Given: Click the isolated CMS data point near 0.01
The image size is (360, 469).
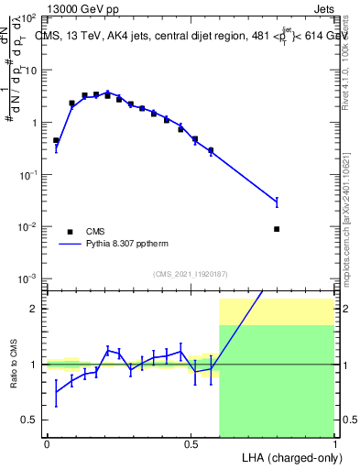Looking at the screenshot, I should pyautogui.click(x=277, y=229).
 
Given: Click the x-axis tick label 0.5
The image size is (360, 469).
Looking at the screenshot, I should pyautogui.click(x=191, y=443).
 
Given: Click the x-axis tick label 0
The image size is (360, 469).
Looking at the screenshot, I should pyautogui.click(x=47, y=443).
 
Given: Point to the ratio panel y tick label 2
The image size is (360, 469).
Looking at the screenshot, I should pyautogui.click(x=34, y=309).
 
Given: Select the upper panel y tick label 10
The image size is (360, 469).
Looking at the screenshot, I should pyautogui.click(x=29, y=70).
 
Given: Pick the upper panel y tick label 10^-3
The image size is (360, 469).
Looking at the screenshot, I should pyautogui.click(x=27, y=278).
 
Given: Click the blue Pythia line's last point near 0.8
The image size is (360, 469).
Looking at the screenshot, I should pyautogui.click(x=277, y=202).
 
